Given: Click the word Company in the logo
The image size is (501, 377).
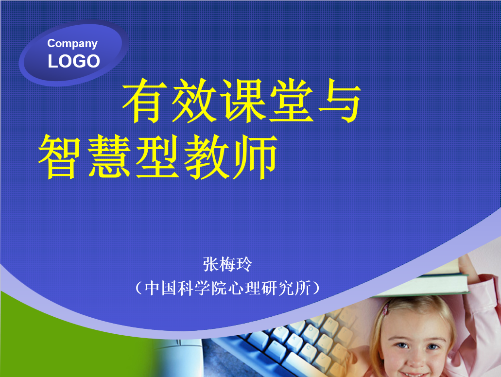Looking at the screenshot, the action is pos(72,44).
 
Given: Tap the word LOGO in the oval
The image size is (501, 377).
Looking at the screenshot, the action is pos(74,61).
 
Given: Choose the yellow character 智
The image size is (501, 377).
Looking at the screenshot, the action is pos(59,156).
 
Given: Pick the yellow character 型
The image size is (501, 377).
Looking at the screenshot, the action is pos(157,156).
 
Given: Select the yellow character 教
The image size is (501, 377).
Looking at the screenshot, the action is pos(207,156).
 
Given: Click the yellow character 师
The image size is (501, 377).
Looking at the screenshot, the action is pos(255,156).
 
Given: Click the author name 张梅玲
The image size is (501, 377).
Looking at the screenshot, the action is pos(227,264).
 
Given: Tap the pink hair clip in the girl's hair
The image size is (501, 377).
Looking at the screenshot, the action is pos(386,308).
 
